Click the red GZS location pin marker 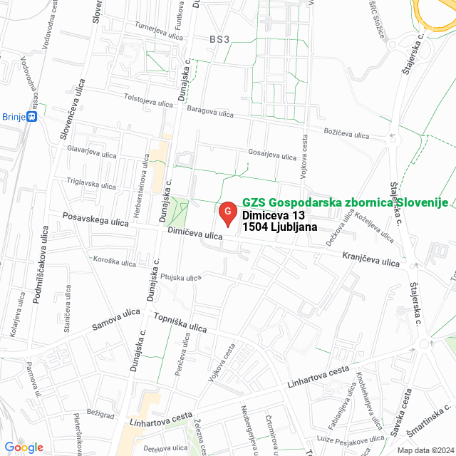[227, 213]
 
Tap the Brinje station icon [31, 117]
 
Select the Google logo [24, 447]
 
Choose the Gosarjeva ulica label [271, 155]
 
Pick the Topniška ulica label [179, 322]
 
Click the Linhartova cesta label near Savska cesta [318, 377]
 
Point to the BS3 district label [219, 39]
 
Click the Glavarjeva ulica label [91, 152]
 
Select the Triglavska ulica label [91, 182]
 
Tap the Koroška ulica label [114, 262]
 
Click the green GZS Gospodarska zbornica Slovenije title [345, 202]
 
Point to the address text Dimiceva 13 [273, 215]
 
